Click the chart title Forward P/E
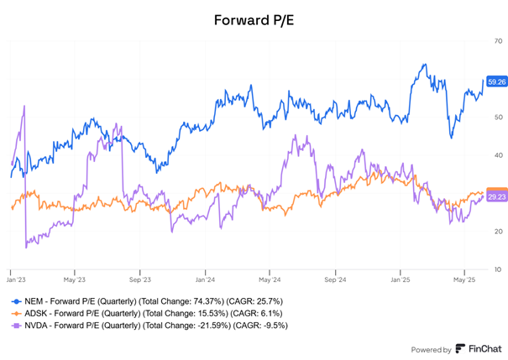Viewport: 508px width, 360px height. (254, 19)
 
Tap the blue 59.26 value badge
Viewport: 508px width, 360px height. (496, 82)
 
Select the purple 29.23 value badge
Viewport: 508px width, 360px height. (496, 196)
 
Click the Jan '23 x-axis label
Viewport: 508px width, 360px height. (16, 279)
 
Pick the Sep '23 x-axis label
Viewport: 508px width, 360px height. (139, 279)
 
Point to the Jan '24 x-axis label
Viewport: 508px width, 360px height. (205, 279)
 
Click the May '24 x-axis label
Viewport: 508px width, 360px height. (269, 279)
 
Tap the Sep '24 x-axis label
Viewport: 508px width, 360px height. (334, 279)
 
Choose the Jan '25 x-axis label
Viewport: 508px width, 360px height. (400, 279)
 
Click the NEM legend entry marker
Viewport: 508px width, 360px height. (15, 300)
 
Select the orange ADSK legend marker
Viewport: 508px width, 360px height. (15, 312)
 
